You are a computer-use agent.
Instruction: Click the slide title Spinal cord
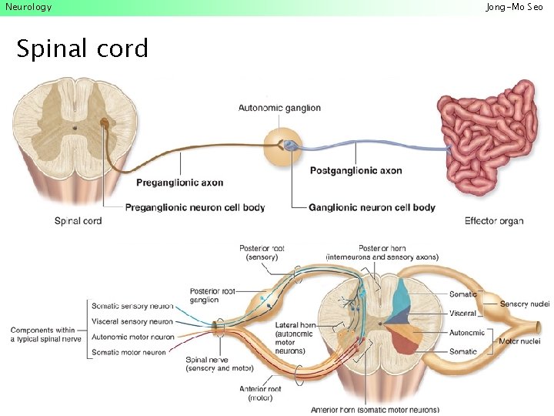[82, 49]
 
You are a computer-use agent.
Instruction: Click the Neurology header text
[28, 7]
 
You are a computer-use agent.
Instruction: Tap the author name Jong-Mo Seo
[514, 7]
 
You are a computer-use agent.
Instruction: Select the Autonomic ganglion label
[279, 108]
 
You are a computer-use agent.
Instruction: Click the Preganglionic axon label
[180, 183]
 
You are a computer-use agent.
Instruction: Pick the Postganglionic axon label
[355, 171]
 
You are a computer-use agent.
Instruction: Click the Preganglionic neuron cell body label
[195, 207]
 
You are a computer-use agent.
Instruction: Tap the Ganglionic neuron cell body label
[372, 207]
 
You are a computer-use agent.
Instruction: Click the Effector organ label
[494, 221]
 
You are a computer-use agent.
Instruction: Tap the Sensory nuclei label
[525, 304]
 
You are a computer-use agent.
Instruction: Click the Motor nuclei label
[520, 341]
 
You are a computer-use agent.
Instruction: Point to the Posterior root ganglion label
[212, 295]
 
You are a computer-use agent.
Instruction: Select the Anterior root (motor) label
[260, 393]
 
